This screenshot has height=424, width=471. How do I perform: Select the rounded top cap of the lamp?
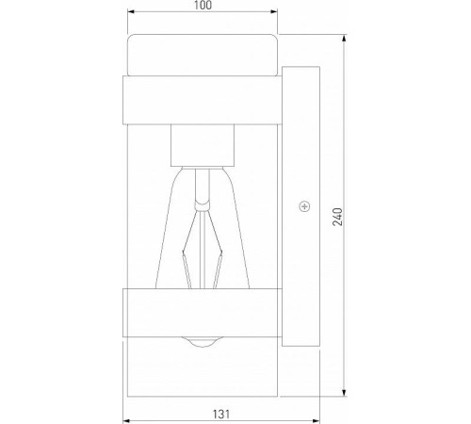click(202, 54)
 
